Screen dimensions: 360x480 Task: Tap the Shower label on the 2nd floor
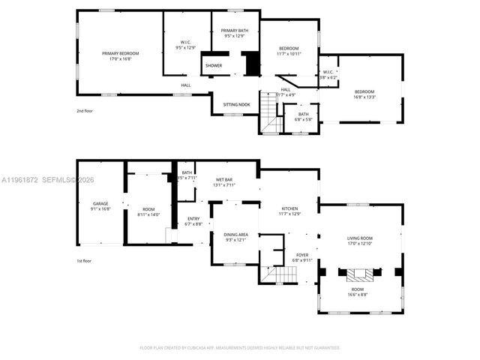point(214,66)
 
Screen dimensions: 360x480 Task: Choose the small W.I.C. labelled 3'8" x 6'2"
point(328,75)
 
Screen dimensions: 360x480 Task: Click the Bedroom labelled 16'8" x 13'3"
point(364,94)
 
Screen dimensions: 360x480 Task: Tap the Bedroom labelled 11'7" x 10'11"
point(289,51)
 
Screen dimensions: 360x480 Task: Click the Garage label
point(100,205)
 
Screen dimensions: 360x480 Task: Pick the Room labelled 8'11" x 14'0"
point(148,211)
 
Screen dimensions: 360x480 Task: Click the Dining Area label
point(235,237)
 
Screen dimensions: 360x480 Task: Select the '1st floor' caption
point(84,261)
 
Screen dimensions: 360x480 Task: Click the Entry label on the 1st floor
point(193,221)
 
